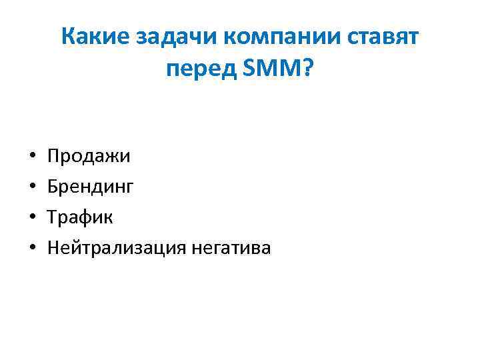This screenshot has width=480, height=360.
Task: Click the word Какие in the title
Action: tap(95, 37)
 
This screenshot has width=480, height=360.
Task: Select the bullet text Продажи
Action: tap(89, 157)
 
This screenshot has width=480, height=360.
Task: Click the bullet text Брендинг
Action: tap(90, 188)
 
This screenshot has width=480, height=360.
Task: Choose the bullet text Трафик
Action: tap(80, 218)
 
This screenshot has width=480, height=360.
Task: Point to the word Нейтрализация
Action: tap(116, 249)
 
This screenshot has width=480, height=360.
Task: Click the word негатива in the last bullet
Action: tap(231, 249)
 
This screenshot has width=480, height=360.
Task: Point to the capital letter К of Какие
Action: tap(67, 37)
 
